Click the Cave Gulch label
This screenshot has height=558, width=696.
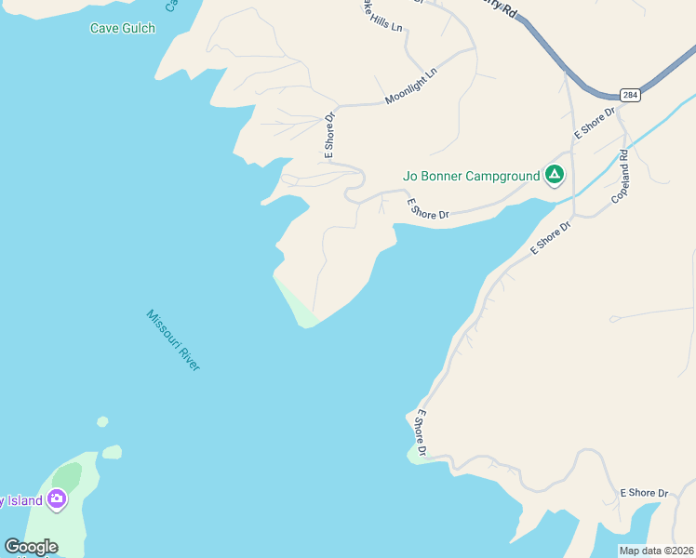[x=122, y=28]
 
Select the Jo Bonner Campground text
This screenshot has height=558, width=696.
[x=471, y=176]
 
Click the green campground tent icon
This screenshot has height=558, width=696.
[x=555, y=174]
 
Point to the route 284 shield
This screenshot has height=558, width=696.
[x=631, y=95]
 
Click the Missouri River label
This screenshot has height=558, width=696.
[x=173, y=340]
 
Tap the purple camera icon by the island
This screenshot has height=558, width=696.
[x=57, y=500]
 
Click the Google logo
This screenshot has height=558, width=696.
[x=31, y=547]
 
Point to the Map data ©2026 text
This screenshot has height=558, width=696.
[x=656, y=551]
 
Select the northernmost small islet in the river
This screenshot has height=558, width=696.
[x=102, y=422]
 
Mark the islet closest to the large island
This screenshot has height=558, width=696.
[x=112, y=452]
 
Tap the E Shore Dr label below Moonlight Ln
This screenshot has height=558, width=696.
[x=329, y=135]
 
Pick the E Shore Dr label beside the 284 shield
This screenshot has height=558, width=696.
[x=595, y=123]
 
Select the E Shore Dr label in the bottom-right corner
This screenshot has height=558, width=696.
[x=644, y=492]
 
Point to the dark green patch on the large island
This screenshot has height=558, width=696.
[x=66, y=478]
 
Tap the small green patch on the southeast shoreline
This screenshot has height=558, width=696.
[x=414, y=454]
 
